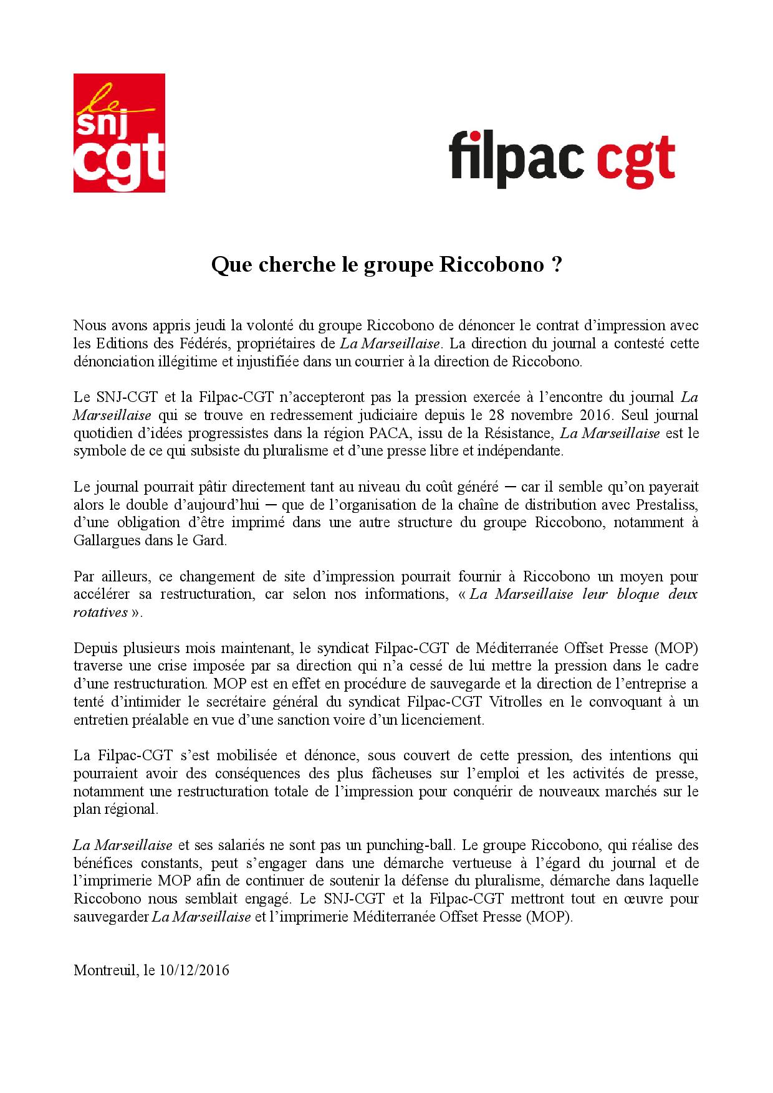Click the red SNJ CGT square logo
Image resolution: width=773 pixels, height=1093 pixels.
point(119,133)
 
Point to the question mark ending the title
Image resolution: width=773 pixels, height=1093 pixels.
point(557,265)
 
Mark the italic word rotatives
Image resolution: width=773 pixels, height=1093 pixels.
point(100,613)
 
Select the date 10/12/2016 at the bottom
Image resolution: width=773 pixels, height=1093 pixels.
point(194,971)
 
